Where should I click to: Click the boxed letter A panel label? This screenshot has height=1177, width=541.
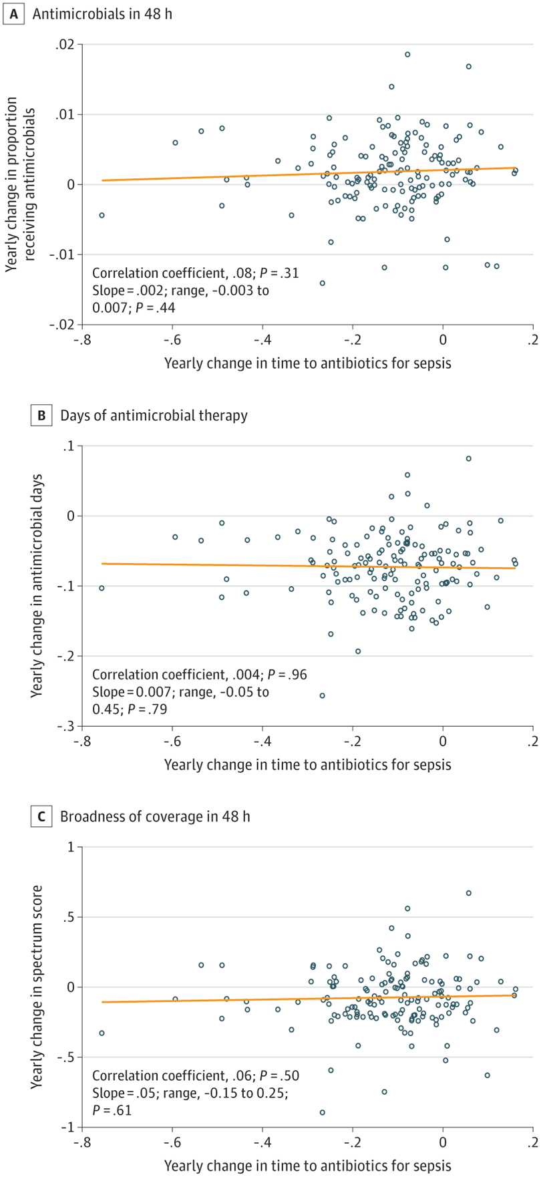12,13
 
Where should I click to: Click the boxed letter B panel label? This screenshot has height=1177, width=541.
41,415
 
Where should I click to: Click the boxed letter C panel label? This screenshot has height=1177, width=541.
41,816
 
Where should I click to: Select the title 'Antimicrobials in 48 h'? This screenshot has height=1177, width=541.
98,13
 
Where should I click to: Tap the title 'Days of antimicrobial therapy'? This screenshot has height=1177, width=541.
154,415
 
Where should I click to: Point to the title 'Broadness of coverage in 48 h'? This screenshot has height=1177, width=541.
156,816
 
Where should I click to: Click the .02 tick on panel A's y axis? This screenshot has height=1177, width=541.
65,45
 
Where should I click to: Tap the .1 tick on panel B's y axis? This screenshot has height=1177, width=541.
68,446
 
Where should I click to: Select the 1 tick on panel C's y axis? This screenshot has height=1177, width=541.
70,847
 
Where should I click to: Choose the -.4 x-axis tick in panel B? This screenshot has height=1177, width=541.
262,740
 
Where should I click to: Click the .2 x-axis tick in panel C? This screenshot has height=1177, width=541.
533,1142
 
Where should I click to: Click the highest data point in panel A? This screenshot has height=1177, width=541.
407,54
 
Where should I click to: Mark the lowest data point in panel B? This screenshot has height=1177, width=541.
322,695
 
